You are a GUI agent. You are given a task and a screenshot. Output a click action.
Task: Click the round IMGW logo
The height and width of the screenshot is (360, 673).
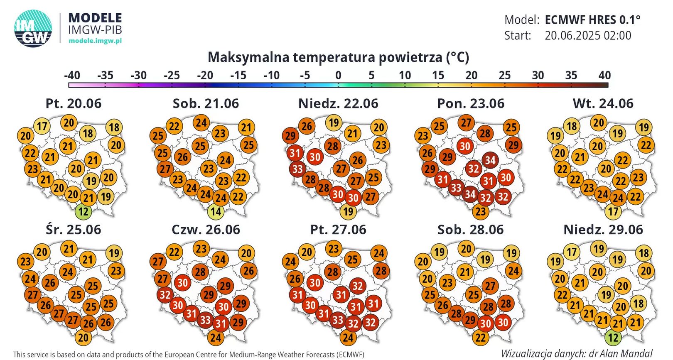pos(33,29)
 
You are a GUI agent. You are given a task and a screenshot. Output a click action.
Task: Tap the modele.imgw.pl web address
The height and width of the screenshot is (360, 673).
pos(95,41)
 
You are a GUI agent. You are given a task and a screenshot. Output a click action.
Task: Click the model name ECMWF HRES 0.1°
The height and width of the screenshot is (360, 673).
pos(592,20)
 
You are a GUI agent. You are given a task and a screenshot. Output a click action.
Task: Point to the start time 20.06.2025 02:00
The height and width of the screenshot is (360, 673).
pos(588,36)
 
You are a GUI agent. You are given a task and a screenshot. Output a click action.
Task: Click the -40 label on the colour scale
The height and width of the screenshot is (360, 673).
pos(72,76)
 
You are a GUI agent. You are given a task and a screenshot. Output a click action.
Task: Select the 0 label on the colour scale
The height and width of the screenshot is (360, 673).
pos(338,76)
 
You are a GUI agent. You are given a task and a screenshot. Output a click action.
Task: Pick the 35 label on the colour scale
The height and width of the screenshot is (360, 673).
pos(571,76)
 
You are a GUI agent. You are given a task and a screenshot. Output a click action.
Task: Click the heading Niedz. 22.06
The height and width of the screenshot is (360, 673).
pos(338,103)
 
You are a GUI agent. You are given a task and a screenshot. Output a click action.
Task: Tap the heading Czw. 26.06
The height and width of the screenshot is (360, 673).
pos(206,230)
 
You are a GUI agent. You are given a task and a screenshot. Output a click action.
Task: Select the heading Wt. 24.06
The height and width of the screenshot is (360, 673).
pos(603,103)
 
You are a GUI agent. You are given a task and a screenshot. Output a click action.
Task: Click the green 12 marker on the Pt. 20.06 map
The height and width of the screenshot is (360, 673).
pos(84,212)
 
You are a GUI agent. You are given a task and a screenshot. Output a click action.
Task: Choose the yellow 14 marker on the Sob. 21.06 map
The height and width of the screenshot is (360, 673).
pos(216,212)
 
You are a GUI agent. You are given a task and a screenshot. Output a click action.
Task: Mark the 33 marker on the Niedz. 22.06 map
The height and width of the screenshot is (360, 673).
pos(297,169)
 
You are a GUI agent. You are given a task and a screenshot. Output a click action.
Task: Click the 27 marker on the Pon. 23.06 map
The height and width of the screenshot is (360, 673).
pos(466,123)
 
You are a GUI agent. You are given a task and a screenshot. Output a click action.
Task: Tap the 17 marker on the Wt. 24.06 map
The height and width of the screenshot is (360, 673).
pos(613,212)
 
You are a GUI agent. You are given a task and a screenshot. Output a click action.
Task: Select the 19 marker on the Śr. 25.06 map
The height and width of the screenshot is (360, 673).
pos(114,253)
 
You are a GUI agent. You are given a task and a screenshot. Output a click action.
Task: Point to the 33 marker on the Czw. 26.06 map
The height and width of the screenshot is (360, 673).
pos(205,320)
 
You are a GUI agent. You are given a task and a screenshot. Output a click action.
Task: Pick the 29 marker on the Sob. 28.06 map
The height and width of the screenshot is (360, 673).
pos(470,320)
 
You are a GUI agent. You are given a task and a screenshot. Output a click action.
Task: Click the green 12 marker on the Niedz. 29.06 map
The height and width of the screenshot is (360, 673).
pos(613,338)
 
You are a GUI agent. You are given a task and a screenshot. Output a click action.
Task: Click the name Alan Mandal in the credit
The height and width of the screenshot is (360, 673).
pos(631,353)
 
